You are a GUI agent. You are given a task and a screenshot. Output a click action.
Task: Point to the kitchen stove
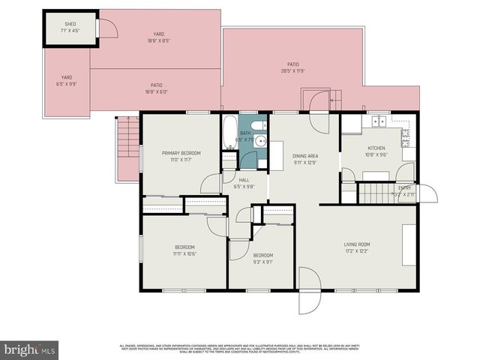(x=406, y=136)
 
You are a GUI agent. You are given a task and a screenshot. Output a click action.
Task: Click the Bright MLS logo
(x=29, y=349)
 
